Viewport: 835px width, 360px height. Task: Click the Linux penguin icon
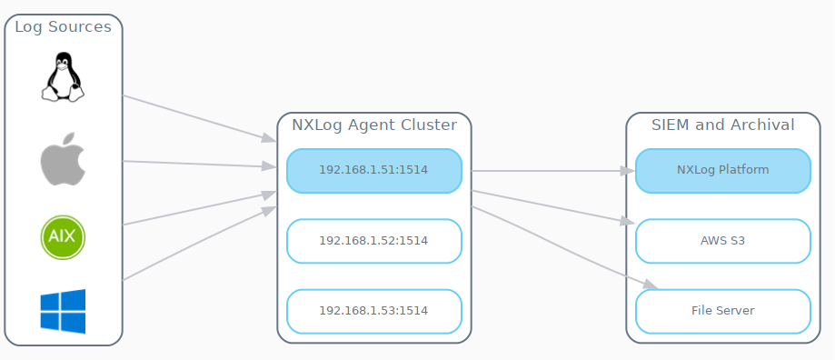point(63,76)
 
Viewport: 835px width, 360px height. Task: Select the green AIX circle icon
point(63,237)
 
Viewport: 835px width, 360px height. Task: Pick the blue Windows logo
point(63,311)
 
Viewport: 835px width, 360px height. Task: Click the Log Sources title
point(63,27)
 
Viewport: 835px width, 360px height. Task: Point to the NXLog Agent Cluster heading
point(373,125)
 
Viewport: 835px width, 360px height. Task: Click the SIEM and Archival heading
point(722,125)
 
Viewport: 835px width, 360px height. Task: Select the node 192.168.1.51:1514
point(373,170)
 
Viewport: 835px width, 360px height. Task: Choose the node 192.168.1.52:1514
point(373,241)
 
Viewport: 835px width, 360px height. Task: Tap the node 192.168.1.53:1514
point(373,311)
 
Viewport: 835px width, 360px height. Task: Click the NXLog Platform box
point(722,170)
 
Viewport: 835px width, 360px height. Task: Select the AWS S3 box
point(722,241)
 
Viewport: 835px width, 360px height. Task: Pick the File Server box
point(722,311)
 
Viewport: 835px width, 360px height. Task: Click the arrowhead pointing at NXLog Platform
point(628,170)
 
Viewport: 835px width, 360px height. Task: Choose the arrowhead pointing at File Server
point(648,285)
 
